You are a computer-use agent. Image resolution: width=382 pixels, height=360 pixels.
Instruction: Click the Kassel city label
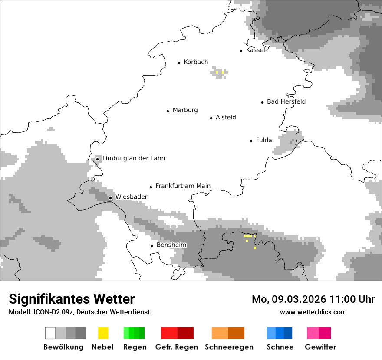(x=255, y=50)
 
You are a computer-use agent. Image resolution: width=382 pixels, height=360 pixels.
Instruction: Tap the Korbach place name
(x=196, y=62)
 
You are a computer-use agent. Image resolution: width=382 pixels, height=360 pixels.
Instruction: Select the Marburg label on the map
(x=185, y=110)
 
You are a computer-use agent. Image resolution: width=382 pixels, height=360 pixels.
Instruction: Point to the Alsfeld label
(x=226, y=117)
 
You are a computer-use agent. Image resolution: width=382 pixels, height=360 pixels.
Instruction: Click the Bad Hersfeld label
(x=286, y=101)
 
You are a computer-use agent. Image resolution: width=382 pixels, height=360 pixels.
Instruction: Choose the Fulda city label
(x=264, y=140)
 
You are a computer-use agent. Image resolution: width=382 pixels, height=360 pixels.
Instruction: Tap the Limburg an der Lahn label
(x=133, y=158)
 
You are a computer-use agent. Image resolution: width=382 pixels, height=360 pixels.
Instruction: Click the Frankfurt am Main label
(x=183, y=186)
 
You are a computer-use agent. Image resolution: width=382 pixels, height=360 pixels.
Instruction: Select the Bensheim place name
(x=171, y=245)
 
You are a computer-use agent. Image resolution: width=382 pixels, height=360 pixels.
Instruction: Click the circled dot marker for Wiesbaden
(x=111, y=198)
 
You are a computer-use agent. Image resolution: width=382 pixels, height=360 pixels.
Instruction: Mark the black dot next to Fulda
(x=251, y=141)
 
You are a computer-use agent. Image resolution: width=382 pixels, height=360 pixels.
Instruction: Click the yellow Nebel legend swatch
(x=103, y=333)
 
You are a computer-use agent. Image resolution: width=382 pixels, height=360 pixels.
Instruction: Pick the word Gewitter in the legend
(x=320, y=347)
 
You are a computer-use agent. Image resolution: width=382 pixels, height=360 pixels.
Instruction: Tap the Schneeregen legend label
(x=229, y=347)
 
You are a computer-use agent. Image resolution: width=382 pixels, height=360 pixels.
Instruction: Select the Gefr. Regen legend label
(x=177, y=347)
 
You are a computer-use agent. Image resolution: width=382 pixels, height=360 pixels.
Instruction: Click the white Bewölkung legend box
(x=50, y=333)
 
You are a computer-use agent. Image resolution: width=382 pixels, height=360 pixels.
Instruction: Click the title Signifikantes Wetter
(x=72, y=299)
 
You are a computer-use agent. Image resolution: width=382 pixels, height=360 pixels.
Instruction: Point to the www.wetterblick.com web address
(x=313, y=312)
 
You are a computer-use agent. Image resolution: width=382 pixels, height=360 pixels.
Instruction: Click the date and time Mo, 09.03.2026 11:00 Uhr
(x=313, y=299)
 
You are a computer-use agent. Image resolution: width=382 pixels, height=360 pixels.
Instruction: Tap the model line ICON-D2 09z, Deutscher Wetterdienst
(x=79, y=312)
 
